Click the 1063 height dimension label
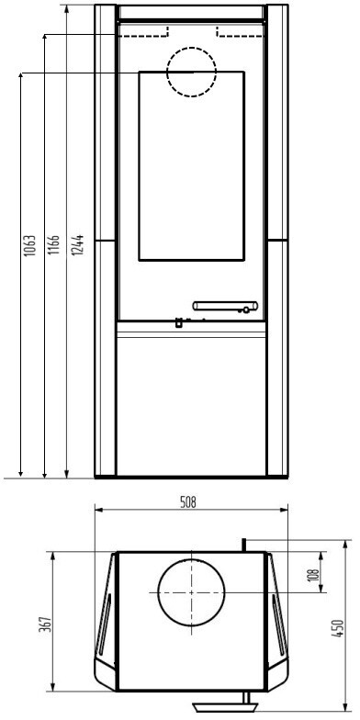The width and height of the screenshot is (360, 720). pyautogui.click(x=29, y=246)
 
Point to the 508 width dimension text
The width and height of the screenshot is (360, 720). pyautogui.click(x=187, y=502)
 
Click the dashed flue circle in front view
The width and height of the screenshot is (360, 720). pyautogui.click(x=191, y=47)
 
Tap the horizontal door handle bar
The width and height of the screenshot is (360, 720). pyautogui.click(x=226, y=306)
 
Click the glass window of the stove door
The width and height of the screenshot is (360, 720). pyautogui.click(x=191, y=165)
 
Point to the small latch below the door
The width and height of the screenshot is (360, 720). pyautogui.click(x=178, y=323)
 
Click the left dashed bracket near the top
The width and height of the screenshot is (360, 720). pyautogui.click(x=143, y=35)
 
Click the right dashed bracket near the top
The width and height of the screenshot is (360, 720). pyautogui.click(x=241, y=35)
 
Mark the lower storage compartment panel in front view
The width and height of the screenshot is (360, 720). pyautogui.click(x=191, y=406)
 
